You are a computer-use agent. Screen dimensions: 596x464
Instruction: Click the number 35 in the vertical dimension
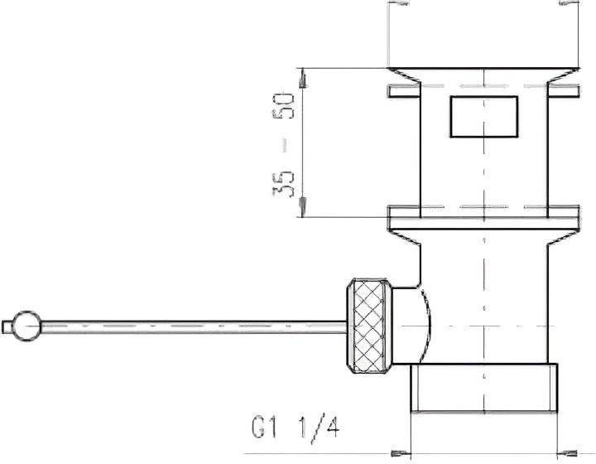click(x=284, y=184)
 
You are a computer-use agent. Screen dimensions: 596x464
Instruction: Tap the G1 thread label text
click(x=264, y=427)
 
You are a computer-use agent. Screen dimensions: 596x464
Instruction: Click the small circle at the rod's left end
click(x=26, y=326)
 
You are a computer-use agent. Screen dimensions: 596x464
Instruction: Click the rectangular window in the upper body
click(x=484, y=116)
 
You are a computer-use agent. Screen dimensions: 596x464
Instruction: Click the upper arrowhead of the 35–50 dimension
click(x=303, y=78)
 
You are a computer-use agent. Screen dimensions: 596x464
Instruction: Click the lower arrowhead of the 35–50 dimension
click(x=303, y=208)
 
